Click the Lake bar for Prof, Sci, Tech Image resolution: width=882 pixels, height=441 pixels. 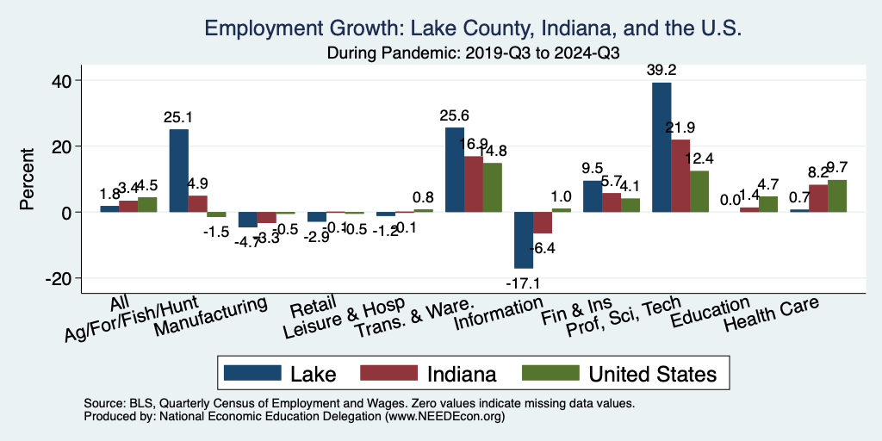coord(661,147)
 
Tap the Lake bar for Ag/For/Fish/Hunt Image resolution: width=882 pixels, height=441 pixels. coord(179,171)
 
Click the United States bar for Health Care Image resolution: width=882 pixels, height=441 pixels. coord(837,196)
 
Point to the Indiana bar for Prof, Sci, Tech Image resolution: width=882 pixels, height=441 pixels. coord(680,176)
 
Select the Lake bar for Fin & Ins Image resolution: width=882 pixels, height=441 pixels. coord(593,196)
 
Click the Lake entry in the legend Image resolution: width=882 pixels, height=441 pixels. coord(280,374)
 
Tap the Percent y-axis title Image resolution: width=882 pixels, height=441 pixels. coord(28,179)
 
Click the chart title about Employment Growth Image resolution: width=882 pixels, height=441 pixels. coord(473,29)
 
